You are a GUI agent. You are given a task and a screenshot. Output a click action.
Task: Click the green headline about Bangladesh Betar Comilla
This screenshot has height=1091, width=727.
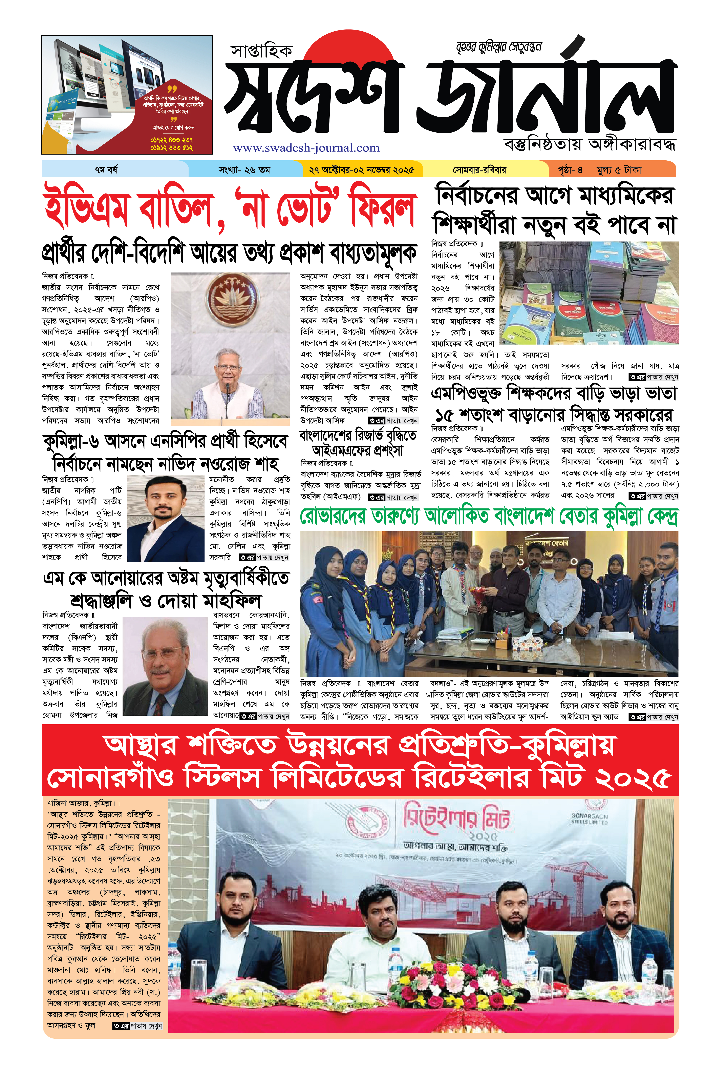[489, 517]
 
